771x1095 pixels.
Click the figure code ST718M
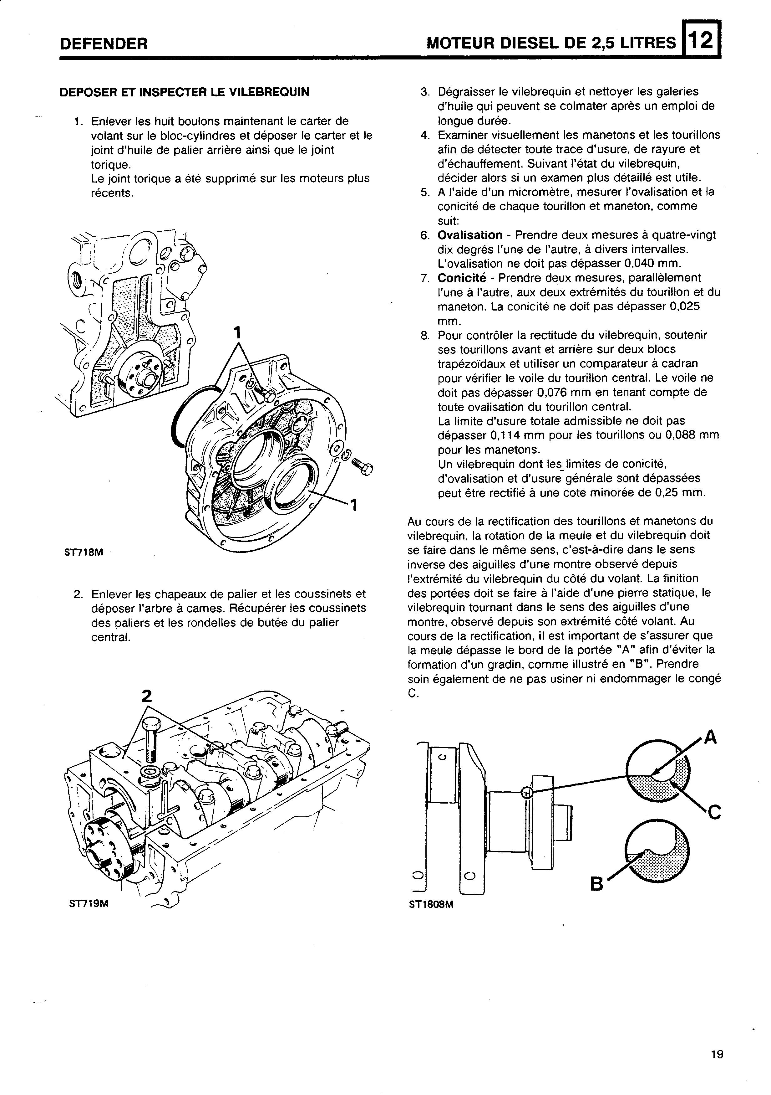pos(84,553)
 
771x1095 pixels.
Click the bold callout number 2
pos(146,697)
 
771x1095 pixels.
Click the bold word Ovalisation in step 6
pos(470,235)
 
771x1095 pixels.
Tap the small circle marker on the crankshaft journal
pos(526,793)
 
